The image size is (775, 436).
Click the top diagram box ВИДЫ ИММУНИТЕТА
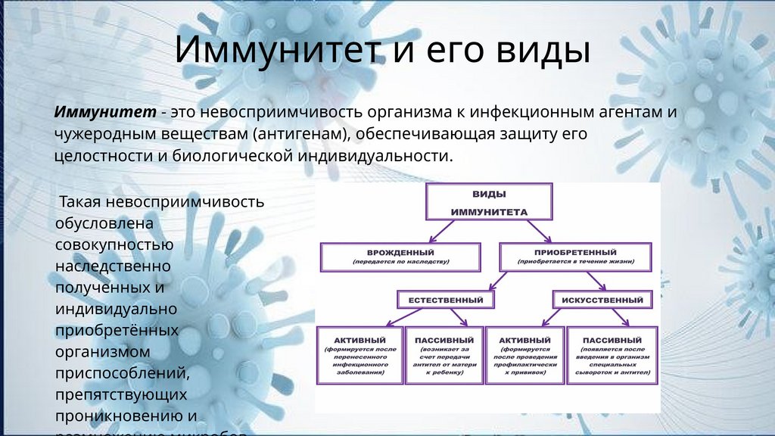[x=489, y=201]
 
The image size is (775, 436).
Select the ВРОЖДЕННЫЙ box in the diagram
[x=400, y=257]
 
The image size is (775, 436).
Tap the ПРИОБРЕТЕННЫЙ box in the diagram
[x=575, y=257]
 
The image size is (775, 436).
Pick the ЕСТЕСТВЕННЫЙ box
[x=446, y=299]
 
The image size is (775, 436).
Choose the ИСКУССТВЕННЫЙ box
[x=602, y=299]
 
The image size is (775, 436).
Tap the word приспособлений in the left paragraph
[x=121, y=373]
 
